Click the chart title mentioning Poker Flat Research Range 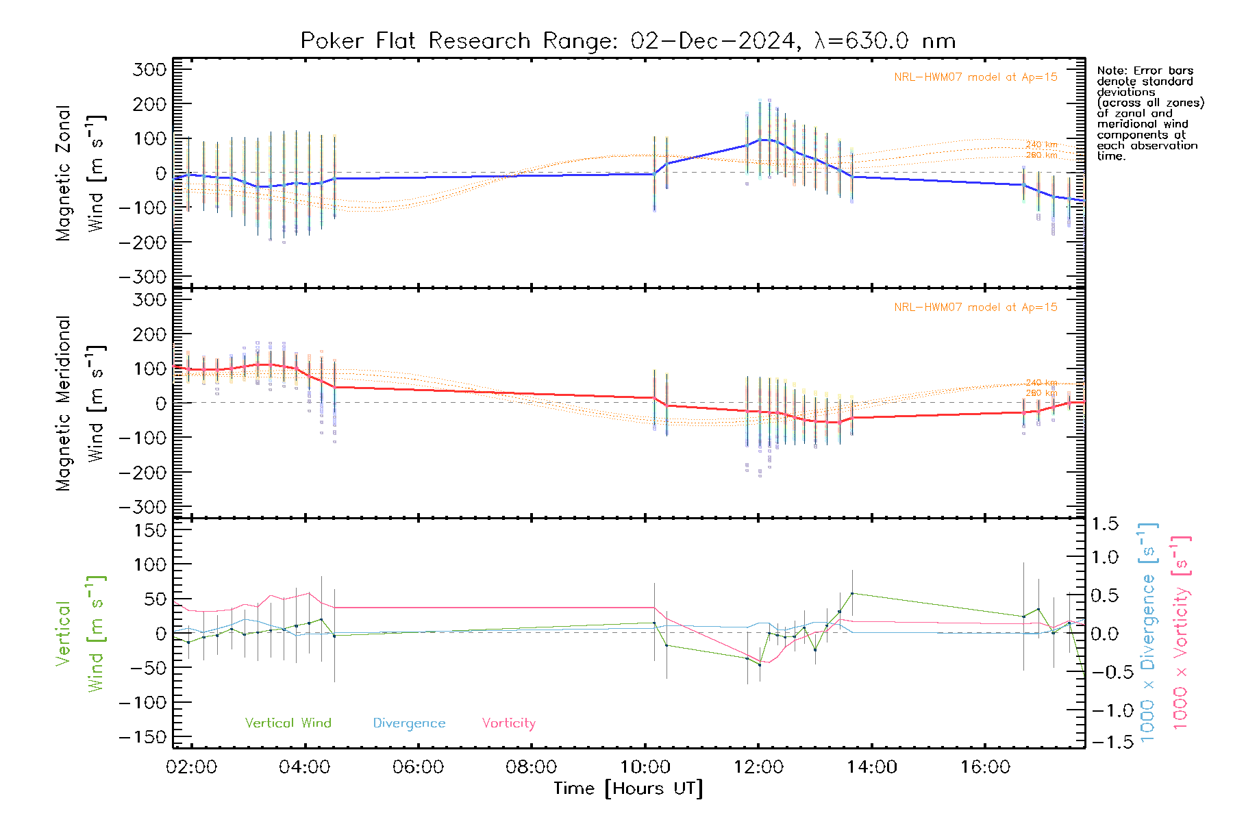[x=627, y=41]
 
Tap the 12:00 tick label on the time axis [x=758, y=767]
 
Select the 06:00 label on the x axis [x=418, y=767]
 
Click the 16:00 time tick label [x=985, y=767]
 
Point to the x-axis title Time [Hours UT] [x=628, y=788]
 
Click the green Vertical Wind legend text [x=288, y=723]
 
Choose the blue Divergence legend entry [x=409, y=723]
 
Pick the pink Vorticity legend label [x=508, y=723]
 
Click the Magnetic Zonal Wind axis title [x=80, y=173]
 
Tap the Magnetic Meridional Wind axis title [x=80, y=403]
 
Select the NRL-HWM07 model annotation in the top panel [x=975, y=77]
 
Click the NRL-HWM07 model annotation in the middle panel [x=975, y=307]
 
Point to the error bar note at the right [x=1149, y=113]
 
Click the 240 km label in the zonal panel [x=1041, y=145]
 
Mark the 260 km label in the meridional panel [x=1041, y=393]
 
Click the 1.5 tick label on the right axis [x=1105, y=524]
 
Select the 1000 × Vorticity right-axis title [x=1180, y=632]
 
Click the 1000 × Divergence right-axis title [x=1147, y=632]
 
